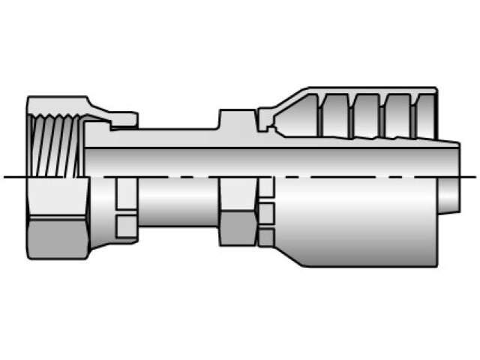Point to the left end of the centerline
(6, 177)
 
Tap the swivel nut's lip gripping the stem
(120, 118)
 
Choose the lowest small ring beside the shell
(265, 238)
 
